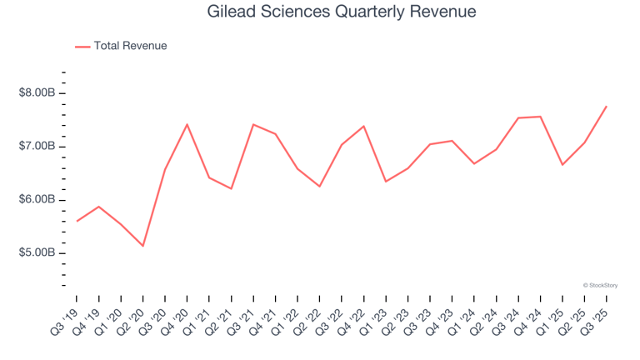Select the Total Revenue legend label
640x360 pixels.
coord(130,46)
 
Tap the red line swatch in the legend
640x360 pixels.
coord(82,47)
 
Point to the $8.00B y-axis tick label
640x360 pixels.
coord(37,93)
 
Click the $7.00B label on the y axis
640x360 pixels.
coord(37,147)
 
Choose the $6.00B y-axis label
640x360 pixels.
coord(37,200)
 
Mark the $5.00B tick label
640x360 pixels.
coord(37,253)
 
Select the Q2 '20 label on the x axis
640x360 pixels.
coord(132,318)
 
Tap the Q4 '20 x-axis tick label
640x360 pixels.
coord(177,318)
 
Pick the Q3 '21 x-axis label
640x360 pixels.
coord(242,318)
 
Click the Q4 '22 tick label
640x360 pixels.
coord(353,318)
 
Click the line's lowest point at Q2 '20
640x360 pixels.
coord(143,246)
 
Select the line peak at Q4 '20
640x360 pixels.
coord(187,124)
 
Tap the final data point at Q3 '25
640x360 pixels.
coord(606,106)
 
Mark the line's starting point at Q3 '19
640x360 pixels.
coord(77,221)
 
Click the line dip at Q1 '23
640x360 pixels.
coord(386,182)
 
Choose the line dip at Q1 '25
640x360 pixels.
coord(562,165)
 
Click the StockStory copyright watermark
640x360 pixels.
coord(600,285)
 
